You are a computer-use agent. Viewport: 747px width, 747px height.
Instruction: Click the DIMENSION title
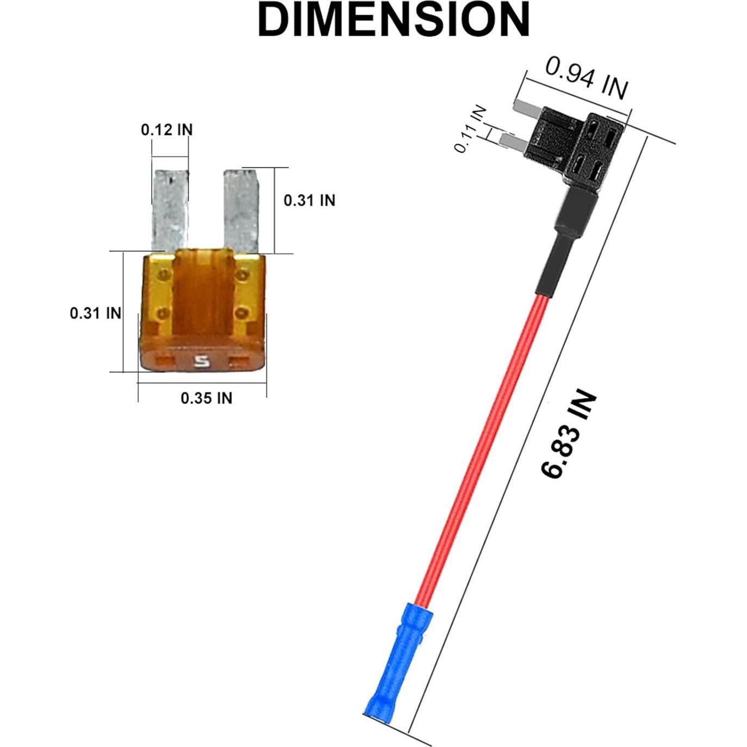(x=394, y=20)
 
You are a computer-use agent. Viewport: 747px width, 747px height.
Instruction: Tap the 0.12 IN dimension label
(x=167, y=130)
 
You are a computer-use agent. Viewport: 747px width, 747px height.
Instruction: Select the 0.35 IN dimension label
(x=207, y=398)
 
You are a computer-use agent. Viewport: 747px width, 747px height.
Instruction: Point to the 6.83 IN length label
(x=568, y=434)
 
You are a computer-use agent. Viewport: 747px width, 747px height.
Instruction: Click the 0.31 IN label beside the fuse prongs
(x=309, y=201)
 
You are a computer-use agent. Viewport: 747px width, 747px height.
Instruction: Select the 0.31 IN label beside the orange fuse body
(x=96, y=313)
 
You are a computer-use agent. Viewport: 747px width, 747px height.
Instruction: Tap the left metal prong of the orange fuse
(x=171, y=210)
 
